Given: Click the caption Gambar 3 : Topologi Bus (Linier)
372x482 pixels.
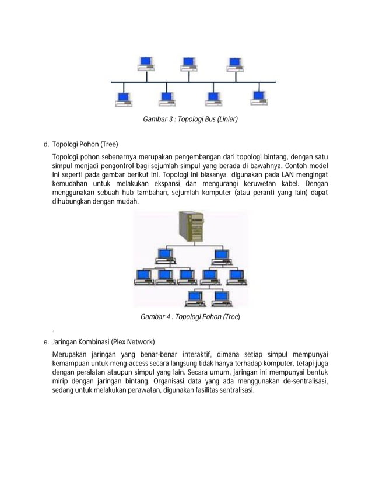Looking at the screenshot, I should (191, 120).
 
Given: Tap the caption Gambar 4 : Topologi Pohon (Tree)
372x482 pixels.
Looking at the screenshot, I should (190, 316).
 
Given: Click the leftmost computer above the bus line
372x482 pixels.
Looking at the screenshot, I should (147, 64).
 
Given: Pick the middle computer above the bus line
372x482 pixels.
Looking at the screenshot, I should (189, 64).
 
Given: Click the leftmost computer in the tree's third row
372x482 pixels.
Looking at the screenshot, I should (143, 276).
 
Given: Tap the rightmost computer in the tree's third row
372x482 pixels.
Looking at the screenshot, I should (237, 276).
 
